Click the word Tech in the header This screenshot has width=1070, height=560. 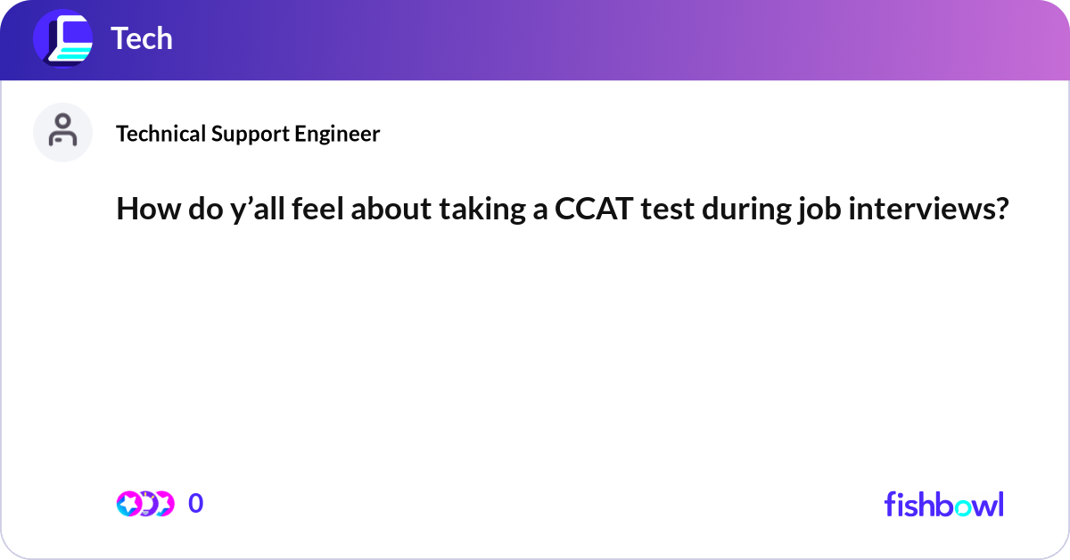(142, 38)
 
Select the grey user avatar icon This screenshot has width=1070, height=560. (62, 132)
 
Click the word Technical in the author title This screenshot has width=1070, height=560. (161, 134)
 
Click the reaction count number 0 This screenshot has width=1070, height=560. (195, 504)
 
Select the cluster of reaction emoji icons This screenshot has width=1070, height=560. (144, 504)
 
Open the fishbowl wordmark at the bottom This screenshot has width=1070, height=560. (943, 504)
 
